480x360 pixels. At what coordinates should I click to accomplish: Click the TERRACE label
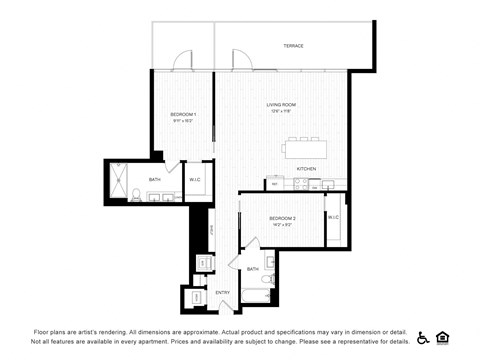point(293,46)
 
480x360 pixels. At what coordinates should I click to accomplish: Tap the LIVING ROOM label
point(281,104)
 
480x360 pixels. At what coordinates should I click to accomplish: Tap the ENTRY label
point(222,292)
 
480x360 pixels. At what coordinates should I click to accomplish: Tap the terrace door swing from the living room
point(238,59)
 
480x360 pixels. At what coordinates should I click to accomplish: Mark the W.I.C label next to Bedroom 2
point(333,217)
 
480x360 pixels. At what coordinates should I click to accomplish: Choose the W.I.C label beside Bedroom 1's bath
point(196,180)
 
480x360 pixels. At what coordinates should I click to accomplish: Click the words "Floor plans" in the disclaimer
point(51,331)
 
